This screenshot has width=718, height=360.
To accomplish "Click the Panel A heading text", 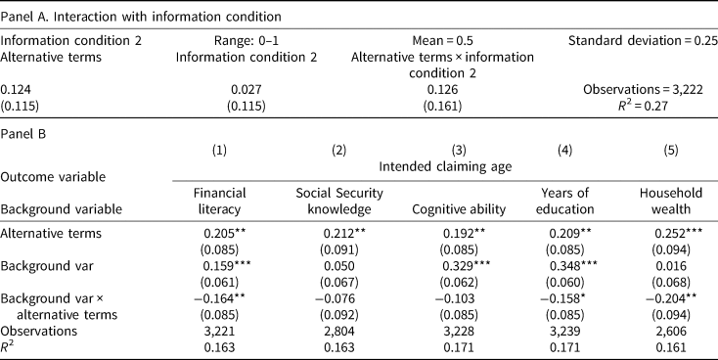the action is coord(141,18).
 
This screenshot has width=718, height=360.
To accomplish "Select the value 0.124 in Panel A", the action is coord(16,90).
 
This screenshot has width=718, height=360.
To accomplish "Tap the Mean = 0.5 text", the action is coord(442,41).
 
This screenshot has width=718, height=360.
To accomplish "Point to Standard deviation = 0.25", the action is coord(643,41).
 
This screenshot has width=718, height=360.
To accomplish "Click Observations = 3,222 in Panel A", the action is coord(643,90).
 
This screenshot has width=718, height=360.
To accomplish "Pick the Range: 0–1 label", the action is coord(247,41).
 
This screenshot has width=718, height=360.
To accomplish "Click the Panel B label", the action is coord(22,135).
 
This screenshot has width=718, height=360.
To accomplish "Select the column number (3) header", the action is coord(459,151).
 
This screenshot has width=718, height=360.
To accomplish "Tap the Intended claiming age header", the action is coord(445,166).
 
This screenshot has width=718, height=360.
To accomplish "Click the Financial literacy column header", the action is coord(219,202).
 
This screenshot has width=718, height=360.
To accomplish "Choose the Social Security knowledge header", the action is coord(338,202).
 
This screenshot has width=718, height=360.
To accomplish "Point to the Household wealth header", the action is coord(671,202).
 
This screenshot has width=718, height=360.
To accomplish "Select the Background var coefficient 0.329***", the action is coord(467,266).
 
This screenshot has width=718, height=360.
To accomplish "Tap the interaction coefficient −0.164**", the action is coord(220,299).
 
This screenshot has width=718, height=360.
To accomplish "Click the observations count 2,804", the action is coord(338,332).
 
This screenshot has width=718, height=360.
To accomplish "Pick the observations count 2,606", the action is coord(671,332).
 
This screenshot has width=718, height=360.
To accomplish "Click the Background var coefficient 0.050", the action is coord(338,266).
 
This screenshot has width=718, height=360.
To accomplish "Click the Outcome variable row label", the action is coord(53,177).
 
